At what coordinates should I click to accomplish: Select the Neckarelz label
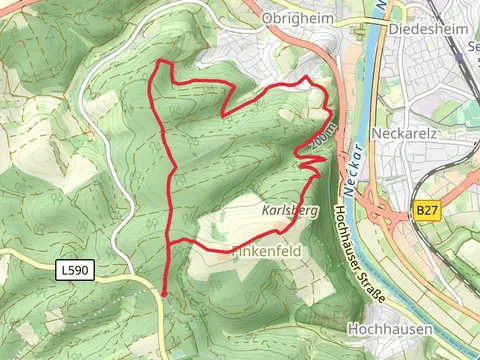405,133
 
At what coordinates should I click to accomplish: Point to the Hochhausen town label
389,328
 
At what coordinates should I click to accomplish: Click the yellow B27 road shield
427,210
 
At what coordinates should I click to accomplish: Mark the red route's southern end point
164,291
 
